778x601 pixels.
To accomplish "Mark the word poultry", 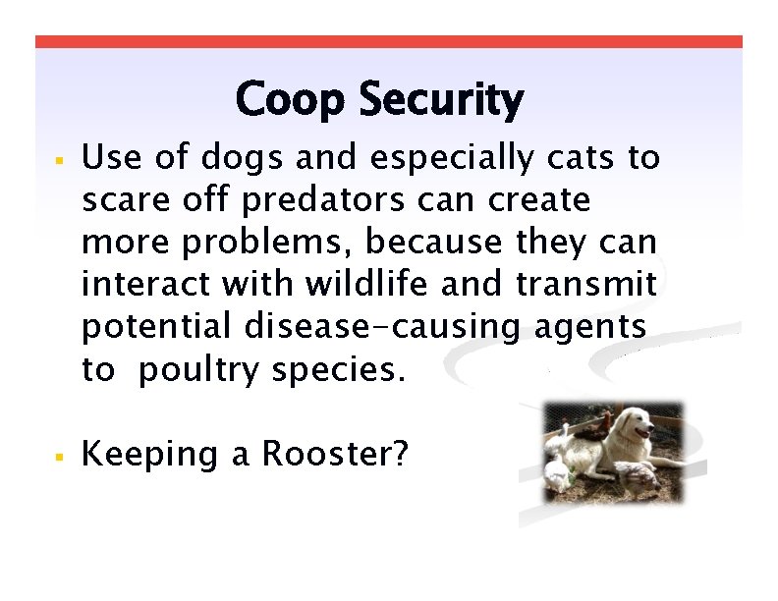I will [x=201, y=370].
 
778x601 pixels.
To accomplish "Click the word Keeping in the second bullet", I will [x=150, y=454].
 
